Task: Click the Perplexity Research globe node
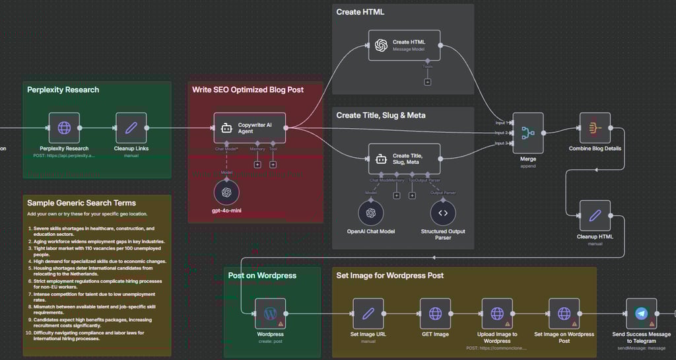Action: (x=64, y=127)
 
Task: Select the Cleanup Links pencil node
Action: (x=131, y=127)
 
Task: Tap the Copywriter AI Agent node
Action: (x=250, y=127)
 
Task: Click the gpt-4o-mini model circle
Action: (x=226, y=192)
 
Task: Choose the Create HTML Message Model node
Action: (x=404, y=46)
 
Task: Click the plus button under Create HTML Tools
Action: (x=428, y=82)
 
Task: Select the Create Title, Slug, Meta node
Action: (x=404, y=159)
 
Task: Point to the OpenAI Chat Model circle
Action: (x=371, y=213)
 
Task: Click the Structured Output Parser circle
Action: (x=443, y=213)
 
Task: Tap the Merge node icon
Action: (x=527, y=132)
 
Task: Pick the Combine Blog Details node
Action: (x=595, y=127)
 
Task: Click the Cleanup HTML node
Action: (x=595, y=215)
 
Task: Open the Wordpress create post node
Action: (x=270, y=313)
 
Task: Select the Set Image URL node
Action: (x=368, y=313)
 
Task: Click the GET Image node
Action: (x=435, y=313)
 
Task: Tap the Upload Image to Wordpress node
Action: (x=497, y=313)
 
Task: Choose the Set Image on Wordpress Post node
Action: (x=564, y=313)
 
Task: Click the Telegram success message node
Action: (x=641, y=313)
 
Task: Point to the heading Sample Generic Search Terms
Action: (x=81, y=203)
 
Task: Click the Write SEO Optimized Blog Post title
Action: (x=248, y=89)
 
